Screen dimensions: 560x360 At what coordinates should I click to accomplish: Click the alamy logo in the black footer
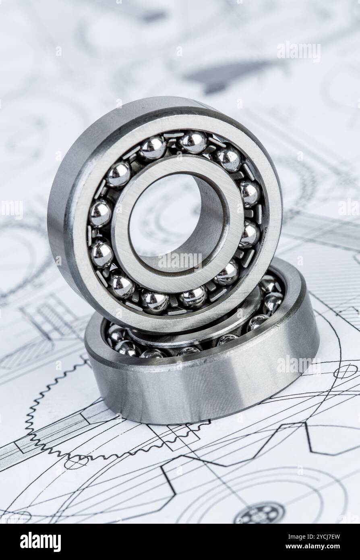40,542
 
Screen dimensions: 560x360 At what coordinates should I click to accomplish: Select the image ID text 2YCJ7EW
314,537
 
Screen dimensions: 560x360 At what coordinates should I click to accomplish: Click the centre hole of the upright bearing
169,218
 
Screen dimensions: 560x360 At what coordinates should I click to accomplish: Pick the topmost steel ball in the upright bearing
192,142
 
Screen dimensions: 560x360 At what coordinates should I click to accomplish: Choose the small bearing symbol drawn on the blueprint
259,514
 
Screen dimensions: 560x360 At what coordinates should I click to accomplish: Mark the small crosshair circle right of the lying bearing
345,371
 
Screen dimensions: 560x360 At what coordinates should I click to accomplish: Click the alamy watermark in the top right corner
298,52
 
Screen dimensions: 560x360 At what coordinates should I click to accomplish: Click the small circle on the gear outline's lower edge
76,462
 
